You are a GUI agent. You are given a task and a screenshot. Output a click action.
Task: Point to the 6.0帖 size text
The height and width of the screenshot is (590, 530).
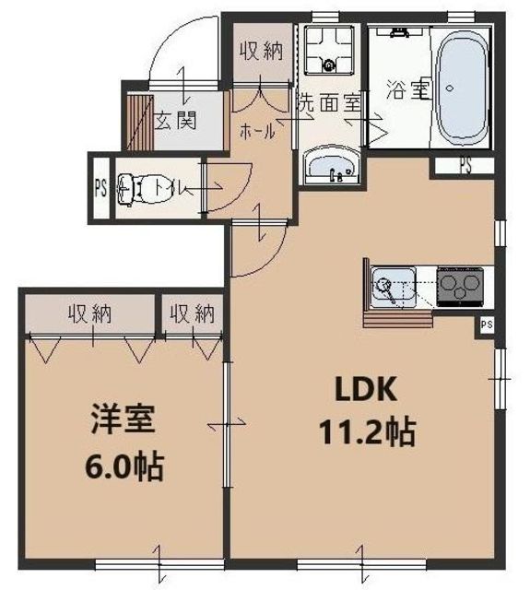coord(125,466)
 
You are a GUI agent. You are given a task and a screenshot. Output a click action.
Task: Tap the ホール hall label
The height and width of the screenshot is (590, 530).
coord(257,132)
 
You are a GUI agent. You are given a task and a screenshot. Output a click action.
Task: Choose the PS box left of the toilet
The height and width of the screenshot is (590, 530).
coord(100,189)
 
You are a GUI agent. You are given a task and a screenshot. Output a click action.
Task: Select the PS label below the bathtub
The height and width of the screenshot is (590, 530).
coord(466,166)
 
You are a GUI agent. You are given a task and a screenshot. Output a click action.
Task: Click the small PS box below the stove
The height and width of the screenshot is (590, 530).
coord(486,324)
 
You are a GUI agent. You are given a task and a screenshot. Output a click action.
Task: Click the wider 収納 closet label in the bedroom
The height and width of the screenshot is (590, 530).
coord(89,313)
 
